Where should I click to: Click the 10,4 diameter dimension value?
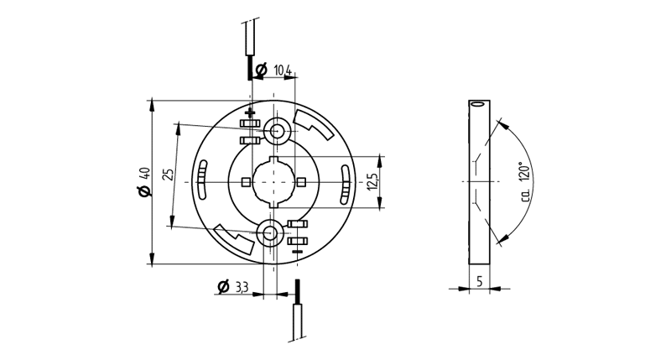(x=283, y=70)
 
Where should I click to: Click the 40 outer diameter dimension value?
(x=144, y=175)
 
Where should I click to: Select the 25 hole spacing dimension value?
(x=169, y=175)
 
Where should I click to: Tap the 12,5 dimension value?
(x=372, y=182)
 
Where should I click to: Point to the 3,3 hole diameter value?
(x=242, y=287)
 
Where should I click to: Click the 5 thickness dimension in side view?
(x=479, y=281)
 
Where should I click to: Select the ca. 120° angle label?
(x=526, y=182)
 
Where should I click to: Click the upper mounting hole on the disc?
(x=278, y=130)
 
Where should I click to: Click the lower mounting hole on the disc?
(x=270, y=233)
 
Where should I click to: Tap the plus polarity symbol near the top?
(x=250, y=113)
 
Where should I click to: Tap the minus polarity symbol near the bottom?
(x=298, y=251)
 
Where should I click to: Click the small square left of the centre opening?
(x=245, y=182)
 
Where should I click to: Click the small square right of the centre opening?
(x=302, y=182)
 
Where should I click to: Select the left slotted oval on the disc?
(x=202, y=180)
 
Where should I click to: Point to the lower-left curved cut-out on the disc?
(x=234, y=239)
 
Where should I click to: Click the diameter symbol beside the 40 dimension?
(x=144, y=192)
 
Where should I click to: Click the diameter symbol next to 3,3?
(x=223, y=287)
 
